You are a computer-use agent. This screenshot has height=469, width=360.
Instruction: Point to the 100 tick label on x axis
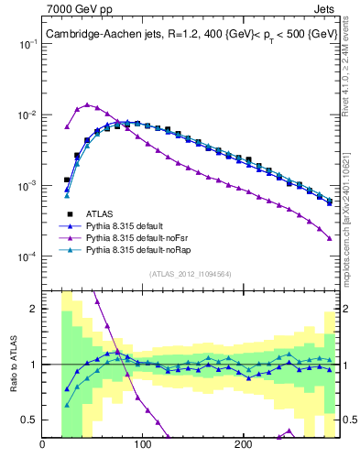(142, 445)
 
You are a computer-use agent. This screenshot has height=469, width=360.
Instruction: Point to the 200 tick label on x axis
(243, 445)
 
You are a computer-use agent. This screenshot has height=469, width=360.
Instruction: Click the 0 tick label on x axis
(42, 445)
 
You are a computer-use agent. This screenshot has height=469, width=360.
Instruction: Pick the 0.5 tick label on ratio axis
(27, 420)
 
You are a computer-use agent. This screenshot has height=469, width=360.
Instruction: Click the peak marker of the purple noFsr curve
(87, 104)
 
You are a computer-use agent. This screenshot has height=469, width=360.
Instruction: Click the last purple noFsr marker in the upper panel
(330, 238)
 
